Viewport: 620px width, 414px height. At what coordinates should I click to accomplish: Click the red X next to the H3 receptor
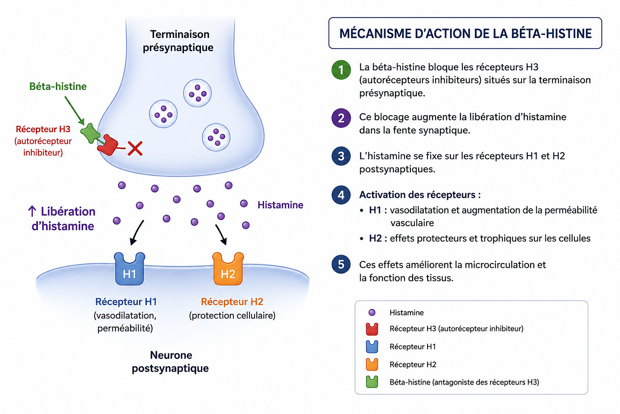point(135,148)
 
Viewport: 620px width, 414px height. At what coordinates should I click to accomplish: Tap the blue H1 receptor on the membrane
point(129,269)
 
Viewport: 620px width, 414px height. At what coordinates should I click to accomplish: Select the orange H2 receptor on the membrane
point(228,269)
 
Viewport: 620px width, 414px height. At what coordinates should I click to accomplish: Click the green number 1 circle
point(341,70)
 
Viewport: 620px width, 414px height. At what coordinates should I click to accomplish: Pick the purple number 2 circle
point(341,118)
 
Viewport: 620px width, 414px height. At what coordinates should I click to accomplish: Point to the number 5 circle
point(341,264)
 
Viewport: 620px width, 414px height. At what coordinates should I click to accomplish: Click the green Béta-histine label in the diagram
point(58,87)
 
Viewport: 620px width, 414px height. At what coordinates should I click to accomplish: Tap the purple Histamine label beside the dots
point(280,205)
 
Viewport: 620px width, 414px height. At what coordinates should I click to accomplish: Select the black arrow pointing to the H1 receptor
point(137,233)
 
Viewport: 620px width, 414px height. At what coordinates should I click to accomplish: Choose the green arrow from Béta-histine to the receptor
point(75,110)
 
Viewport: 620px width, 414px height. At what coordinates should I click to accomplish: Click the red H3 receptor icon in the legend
point(372,329)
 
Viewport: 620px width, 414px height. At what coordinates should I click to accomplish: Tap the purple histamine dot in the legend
point(372,313)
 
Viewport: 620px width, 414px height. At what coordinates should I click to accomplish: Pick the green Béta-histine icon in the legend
point(372,382)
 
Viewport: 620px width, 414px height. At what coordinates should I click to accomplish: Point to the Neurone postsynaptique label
point(170,362)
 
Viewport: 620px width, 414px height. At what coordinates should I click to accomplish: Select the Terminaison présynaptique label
point(178,41)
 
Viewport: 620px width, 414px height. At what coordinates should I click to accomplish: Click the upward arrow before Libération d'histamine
point(32,211)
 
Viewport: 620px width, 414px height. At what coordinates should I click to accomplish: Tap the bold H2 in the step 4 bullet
point(375,238)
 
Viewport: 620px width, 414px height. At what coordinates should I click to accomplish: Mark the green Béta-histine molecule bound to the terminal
point(91,133)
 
